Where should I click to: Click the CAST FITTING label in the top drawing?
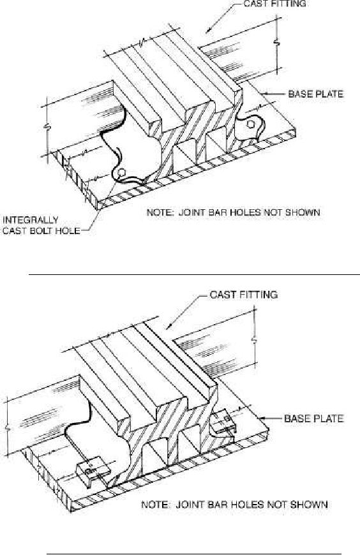pyautogui.click(x=274, y=4)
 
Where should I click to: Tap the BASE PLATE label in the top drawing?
pyautogui.click(x=316, y=94)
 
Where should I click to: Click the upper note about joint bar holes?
pyautogui.click(x=234, y=212)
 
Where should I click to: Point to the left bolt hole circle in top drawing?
pyautogui.click(x=121, y=172)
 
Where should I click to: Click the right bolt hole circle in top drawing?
pyautogui.click(x=250, y=124)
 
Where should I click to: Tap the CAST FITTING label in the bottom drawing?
pyautogui.click(x=244, y=295)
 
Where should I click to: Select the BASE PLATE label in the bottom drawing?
pyautogui.click(x=314, y=418)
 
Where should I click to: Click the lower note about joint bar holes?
pyautogui.click(x=234, y=504)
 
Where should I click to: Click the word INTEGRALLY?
pyautogui.click(x=30, y=220)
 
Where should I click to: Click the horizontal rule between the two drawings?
pyautogui.click(x=194, y=274)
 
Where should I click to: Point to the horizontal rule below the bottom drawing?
pyautogui.click(x=194, y=553)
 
